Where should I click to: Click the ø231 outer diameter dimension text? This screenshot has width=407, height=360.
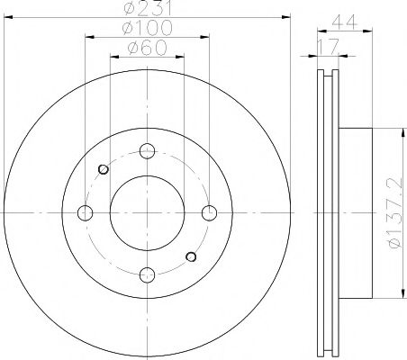[148, 8]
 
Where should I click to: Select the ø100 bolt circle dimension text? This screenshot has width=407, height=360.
[148, 28]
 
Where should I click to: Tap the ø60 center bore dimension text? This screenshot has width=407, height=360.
[148, 48]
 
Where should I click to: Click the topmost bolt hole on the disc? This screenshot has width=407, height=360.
[148, 151]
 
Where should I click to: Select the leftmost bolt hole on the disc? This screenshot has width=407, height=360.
[86, 212]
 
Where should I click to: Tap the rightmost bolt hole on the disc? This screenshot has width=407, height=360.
[209, 212]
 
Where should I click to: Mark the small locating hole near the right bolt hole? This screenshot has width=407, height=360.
[191, 256]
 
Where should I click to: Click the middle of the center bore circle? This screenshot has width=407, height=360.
[148, 212]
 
